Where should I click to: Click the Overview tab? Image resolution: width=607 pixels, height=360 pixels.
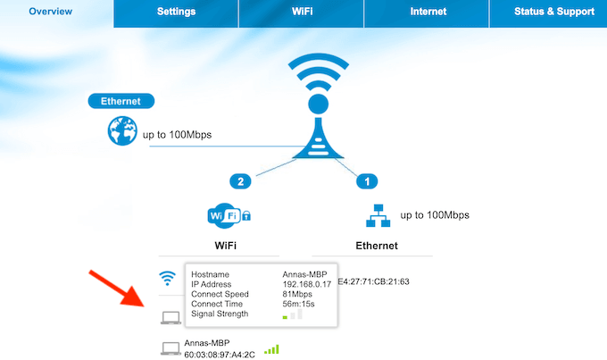[50, 12]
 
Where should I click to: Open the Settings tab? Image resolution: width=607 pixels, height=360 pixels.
[176, 12]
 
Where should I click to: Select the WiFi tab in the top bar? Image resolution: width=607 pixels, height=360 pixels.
[302, 12]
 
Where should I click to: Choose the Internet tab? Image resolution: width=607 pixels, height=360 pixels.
[428, 12]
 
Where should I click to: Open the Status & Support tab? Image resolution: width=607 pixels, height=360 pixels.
[553, 12]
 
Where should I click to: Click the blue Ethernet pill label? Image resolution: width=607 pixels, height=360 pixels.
[121, 102]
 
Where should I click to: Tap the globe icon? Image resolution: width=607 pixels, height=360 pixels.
[120, 132]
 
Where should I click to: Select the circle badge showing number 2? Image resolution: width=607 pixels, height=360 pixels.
[238, 181]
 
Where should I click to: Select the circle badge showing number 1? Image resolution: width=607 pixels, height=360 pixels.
[364, 181]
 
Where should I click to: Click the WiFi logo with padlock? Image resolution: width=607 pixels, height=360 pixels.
[228, 215]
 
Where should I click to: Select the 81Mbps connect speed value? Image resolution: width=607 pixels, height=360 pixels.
[298, 294]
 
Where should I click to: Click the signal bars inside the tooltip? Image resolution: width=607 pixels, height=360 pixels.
[292, 315]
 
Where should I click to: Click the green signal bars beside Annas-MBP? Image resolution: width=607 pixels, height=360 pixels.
[271, 349]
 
